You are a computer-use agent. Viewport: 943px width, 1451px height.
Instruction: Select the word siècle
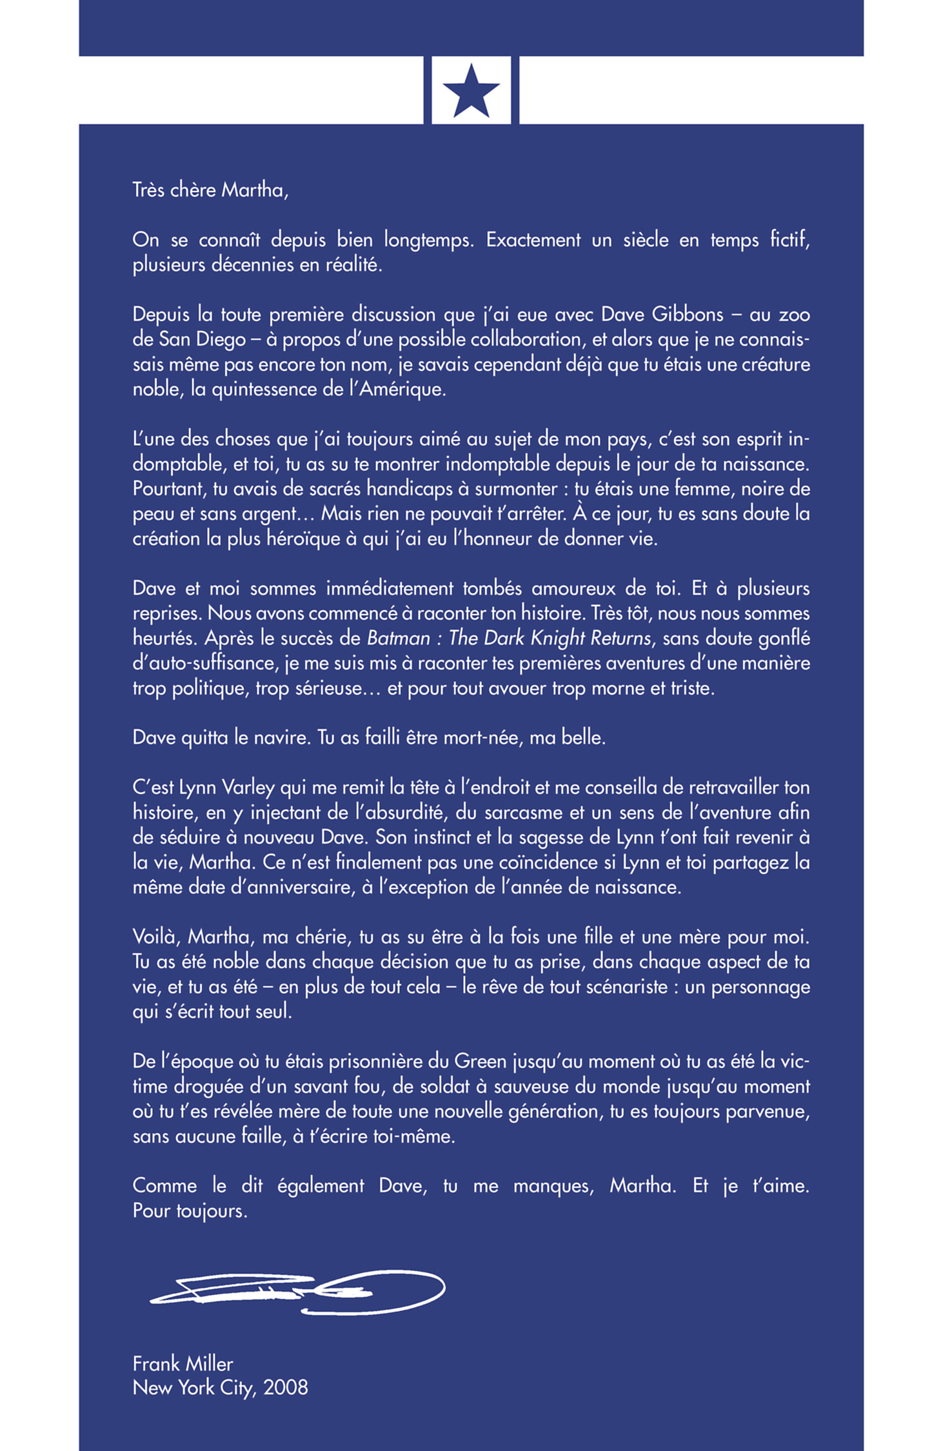(x=646, y=240)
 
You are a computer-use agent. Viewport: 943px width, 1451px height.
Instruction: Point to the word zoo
(x=794, y=314)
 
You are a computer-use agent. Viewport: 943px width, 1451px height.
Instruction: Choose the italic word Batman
(x=398, y=638)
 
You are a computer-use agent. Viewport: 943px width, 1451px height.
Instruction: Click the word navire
(x=273, y=737)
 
